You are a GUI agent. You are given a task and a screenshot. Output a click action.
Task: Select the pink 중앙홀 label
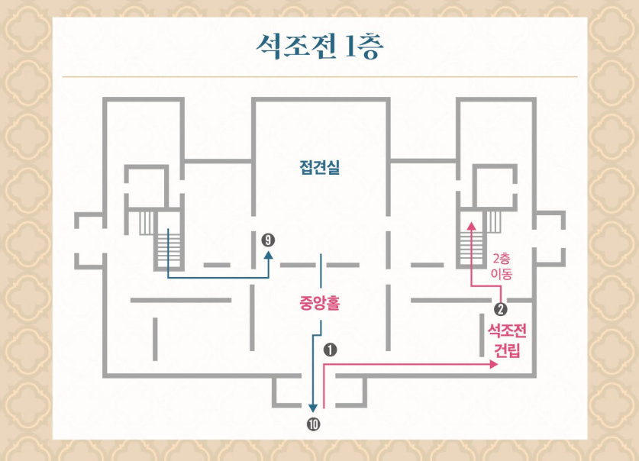[319, 303]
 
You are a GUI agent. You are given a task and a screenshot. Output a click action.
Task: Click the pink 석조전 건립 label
[508, 341]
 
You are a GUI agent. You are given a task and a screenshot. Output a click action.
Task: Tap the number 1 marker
[331, 350]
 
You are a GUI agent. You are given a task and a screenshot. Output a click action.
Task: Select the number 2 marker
[501, 309]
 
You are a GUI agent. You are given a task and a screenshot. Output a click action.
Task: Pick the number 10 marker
[313, 425]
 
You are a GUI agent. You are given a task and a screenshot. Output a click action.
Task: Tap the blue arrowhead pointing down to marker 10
[313, 408]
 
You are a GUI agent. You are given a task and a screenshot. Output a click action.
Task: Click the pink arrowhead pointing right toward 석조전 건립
[493, 366]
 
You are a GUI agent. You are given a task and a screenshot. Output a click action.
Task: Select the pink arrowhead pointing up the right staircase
[471, 225]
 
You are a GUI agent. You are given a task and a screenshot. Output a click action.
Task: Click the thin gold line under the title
[319, 77]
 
